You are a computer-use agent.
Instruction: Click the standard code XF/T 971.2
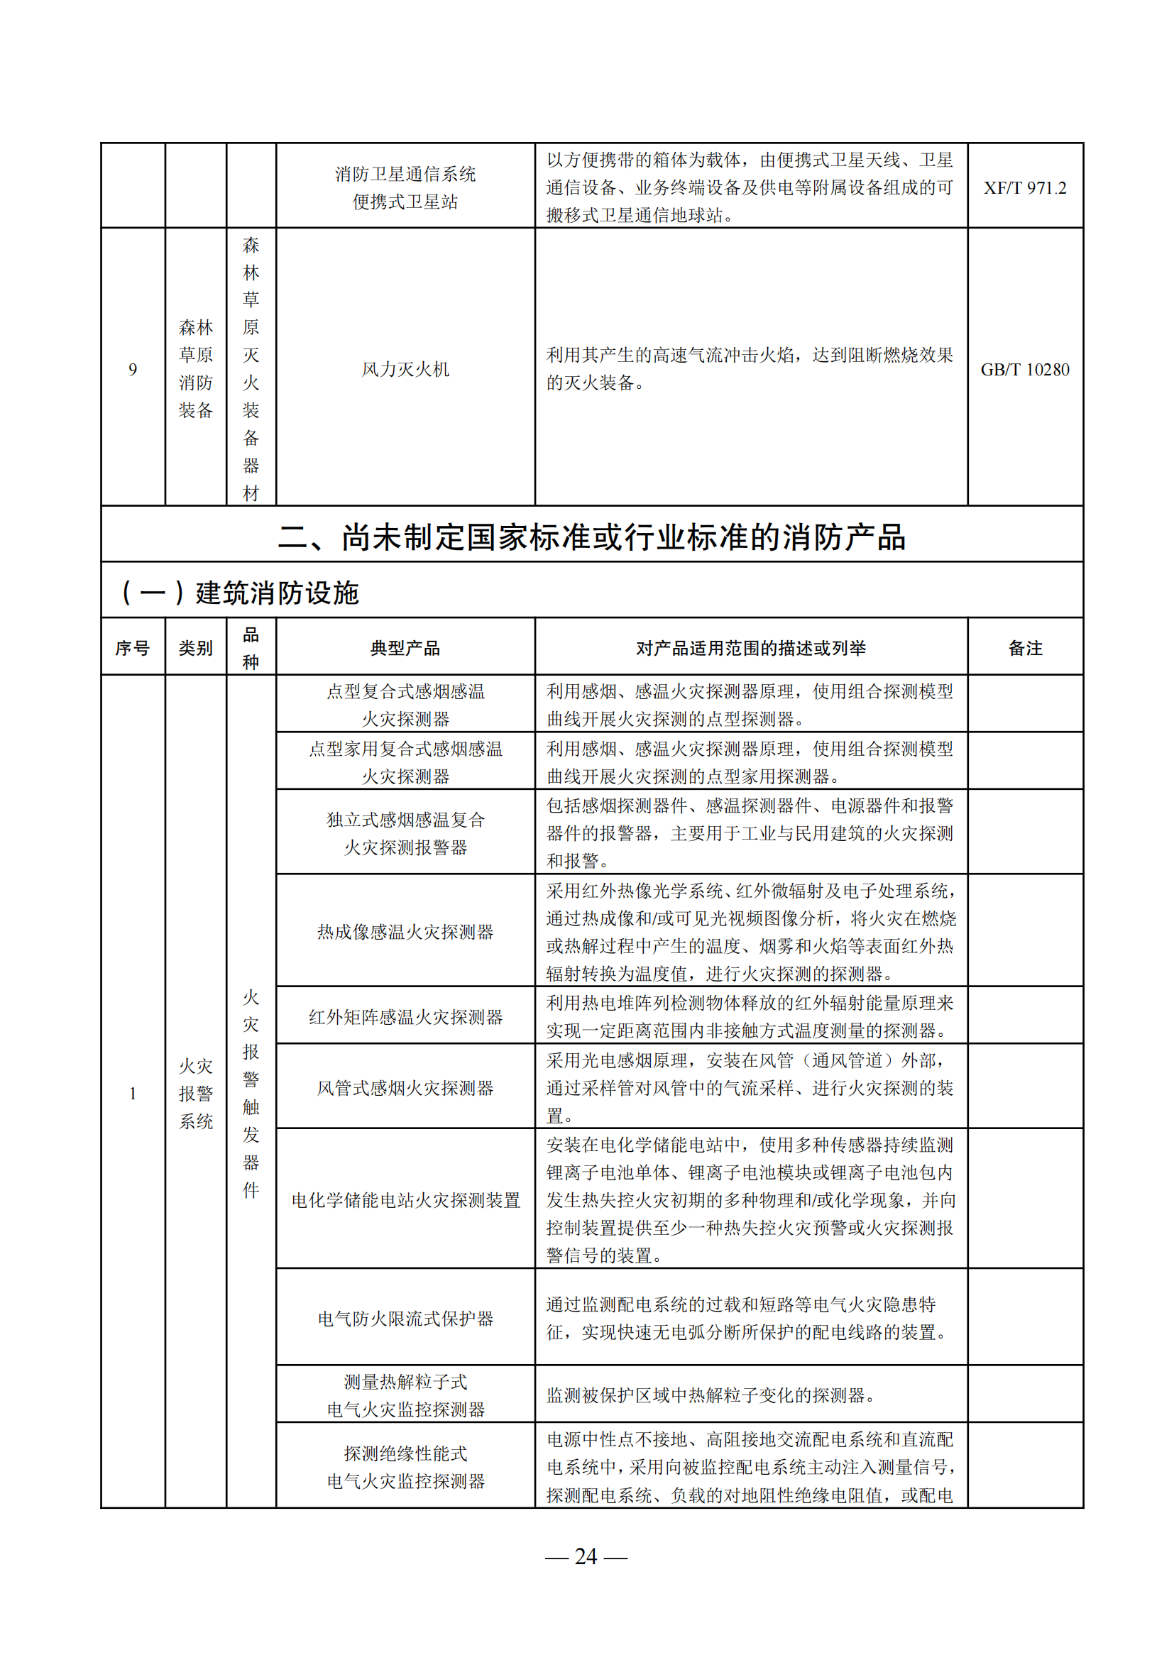1024,188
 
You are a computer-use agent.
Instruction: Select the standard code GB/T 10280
1024,370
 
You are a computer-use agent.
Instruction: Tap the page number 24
586,1555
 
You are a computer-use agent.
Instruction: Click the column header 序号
132,648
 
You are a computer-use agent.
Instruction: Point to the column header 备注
1024,648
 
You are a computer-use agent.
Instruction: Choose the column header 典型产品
405,648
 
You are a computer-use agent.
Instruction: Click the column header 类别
195,648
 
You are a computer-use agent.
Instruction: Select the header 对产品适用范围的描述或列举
750,648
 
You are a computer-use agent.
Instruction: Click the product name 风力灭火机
405,370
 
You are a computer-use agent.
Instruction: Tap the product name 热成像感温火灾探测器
405,932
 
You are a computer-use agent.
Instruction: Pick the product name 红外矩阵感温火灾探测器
405,1017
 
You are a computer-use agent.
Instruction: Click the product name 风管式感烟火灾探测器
405,1088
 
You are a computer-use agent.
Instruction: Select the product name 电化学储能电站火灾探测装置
405,1200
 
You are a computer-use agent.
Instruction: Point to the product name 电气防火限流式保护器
405,1319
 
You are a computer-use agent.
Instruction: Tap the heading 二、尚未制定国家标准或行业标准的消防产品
591,537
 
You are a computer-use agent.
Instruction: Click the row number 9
132,370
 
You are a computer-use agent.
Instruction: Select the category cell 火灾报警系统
195,1093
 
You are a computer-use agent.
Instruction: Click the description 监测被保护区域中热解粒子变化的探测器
710,1395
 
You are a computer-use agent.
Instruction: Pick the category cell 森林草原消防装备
195,369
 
